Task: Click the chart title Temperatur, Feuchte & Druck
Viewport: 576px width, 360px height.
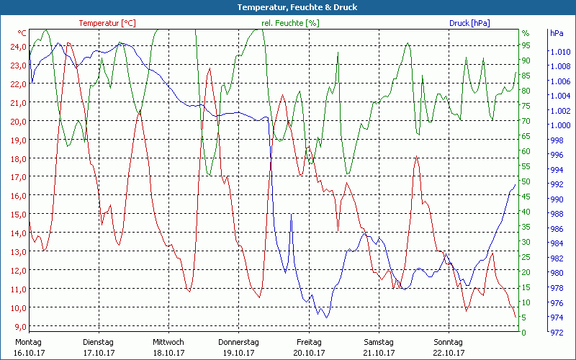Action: (288, 7)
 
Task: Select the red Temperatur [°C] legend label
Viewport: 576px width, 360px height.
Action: (107, 23)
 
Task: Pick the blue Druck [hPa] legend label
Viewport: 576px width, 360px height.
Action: (469, 23)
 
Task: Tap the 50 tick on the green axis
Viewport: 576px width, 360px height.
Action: (526, 181)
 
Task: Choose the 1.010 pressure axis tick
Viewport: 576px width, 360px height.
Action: (559, 52)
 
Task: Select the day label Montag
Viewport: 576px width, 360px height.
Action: (29, 342)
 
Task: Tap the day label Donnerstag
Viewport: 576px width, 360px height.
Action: (238, 342)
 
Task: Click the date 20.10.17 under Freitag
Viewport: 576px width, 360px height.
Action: (308, 353)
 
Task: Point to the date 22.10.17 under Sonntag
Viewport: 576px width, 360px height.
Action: (449, 353)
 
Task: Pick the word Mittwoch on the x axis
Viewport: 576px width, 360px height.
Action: (168, 342)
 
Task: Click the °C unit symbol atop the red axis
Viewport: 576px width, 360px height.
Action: (22, 33)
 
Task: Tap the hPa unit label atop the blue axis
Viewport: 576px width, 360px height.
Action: (557, 33)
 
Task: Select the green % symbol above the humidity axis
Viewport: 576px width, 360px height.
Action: (526, 33)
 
